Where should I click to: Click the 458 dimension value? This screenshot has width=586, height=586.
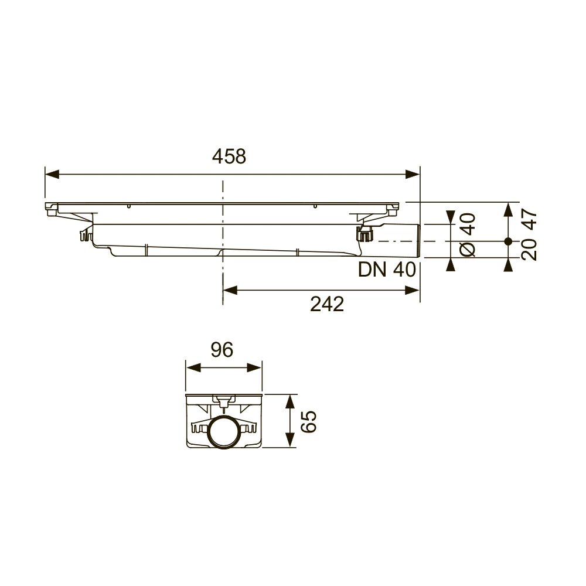coord(229,156)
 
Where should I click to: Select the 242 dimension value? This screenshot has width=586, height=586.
coord(327,304)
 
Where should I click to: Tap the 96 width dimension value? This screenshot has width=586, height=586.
coord(222,350)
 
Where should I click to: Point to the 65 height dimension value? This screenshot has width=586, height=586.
coord(309,421)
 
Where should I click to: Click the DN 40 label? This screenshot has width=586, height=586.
coord(387,270)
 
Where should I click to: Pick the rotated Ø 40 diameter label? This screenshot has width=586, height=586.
coord(468,235)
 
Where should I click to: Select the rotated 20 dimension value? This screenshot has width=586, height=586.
coord(529,250)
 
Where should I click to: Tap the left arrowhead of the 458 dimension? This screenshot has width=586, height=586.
coord(52,174)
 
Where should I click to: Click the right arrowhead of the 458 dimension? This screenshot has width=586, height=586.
coord(413,174)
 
